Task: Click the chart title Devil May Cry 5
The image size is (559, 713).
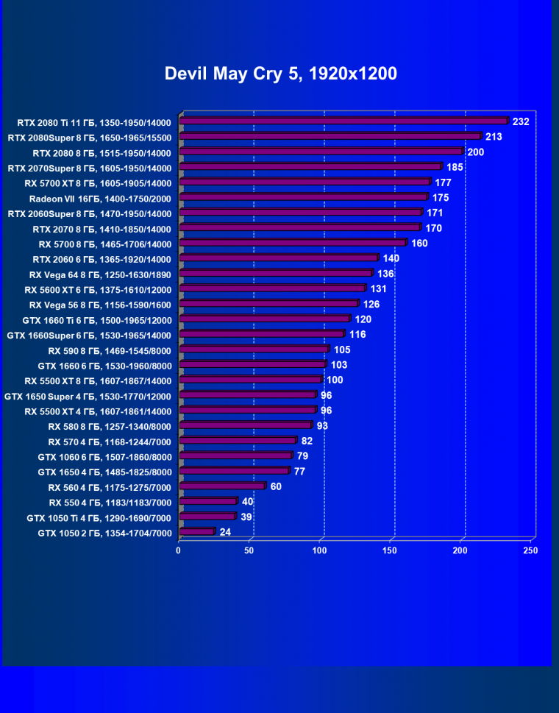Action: (280, 74)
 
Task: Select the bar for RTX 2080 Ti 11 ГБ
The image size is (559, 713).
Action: (343, 121)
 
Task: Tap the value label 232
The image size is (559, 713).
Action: (521, 121)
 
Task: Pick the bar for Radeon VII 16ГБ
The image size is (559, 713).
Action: (303, 197)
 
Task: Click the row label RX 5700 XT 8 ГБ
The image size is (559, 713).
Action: (98, 182)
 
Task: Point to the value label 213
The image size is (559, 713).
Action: (494, 136)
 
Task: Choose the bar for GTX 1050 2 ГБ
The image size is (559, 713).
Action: (196, 531)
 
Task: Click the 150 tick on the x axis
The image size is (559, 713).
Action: (391, 550)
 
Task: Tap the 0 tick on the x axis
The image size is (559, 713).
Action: (179, 550)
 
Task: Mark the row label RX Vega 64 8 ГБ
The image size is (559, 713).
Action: (98, 274)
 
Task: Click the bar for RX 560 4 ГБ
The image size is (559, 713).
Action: (221, 486)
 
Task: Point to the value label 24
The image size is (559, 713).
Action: (225, 532)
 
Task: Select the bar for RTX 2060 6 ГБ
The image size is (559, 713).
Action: (278, 258)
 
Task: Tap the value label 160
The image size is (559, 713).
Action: (419, 243)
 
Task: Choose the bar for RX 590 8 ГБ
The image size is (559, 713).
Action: (253, 349)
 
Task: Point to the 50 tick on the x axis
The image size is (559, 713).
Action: (249, 550)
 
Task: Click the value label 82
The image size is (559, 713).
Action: (307, 441)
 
